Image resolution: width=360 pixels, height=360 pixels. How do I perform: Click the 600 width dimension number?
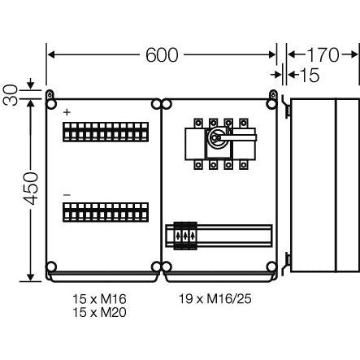162,55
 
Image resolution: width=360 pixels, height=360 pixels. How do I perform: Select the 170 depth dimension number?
323,55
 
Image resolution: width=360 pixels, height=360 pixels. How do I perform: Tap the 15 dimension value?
310,75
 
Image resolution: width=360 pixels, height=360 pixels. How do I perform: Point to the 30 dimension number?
11,95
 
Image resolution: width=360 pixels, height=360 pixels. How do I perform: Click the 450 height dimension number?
30,189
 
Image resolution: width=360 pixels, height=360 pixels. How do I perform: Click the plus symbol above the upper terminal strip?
67,112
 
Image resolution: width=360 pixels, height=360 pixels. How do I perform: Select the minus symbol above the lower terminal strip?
67,195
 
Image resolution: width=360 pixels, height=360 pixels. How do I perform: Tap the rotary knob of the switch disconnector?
215,137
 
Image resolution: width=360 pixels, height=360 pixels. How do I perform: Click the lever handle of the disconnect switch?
237,138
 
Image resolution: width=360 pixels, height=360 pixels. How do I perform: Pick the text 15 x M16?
99,299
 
